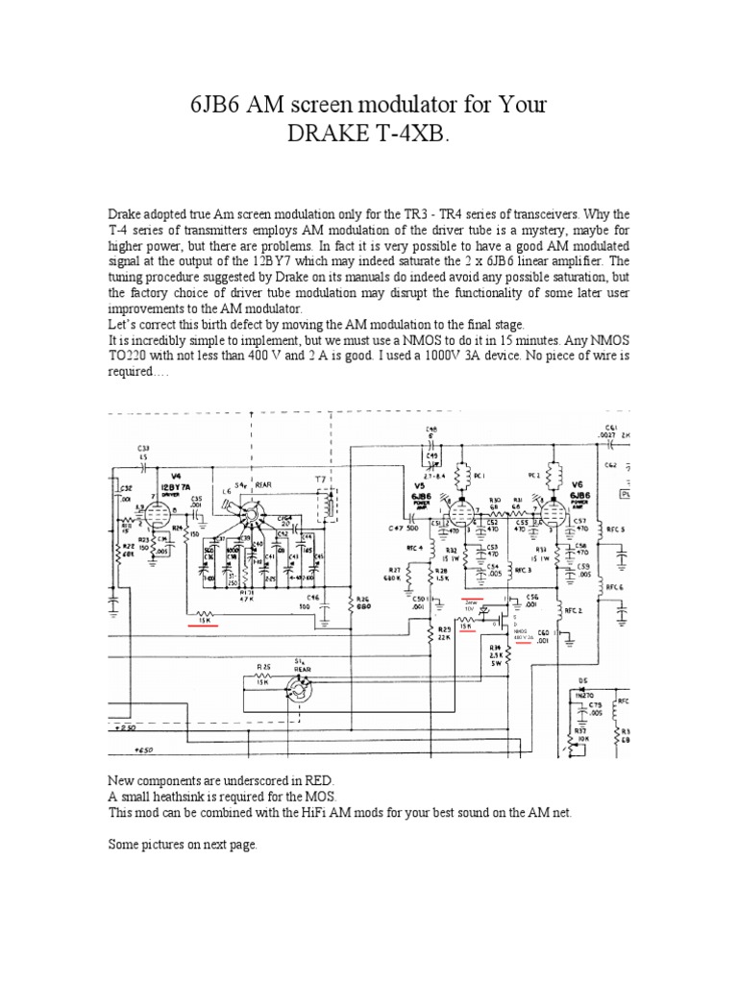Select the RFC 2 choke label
click(x=574, y=610)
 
